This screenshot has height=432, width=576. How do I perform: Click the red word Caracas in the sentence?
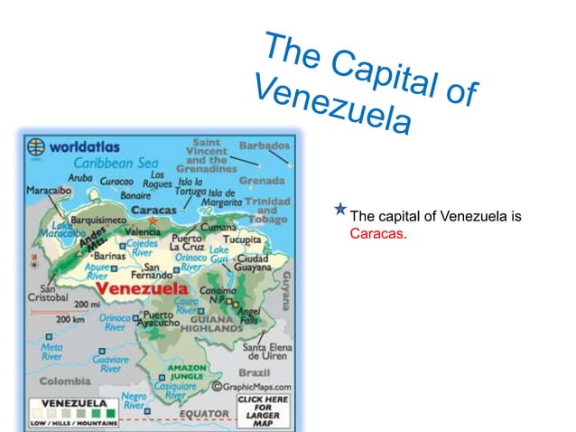click(x=378, y=234)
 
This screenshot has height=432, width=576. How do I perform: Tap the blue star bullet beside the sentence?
click(x=339, y=211)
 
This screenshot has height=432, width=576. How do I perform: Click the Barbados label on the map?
click(x=264, y=146)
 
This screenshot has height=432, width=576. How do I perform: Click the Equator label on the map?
click(x=202, y=414)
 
